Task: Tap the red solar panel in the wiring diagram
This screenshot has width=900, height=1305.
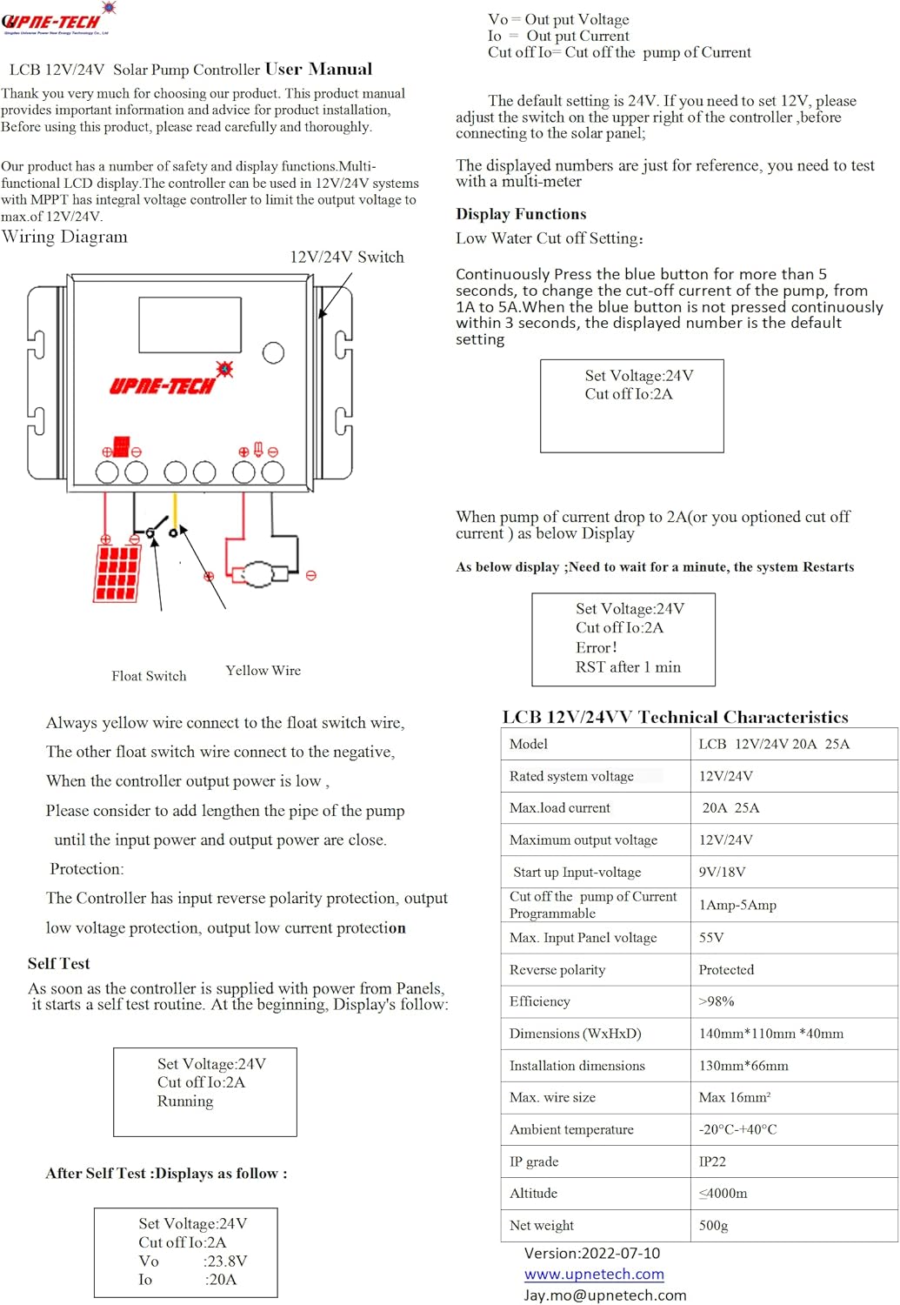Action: tap(117, 572)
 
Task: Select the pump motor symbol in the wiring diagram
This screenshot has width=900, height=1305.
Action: tap(258, 574)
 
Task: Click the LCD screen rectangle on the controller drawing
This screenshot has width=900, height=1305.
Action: tap(190, 325)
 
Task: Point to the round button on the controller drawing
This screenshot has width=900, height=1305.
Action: tap(273, 352)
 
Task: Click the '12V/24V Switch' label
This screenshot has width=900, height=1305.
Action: tap(347, 258)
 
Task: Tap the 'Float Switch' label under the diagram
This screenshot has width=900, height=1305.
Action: tap(149, 676)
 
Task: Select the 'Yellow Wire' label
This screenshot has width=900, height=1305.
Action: tap(263, 671)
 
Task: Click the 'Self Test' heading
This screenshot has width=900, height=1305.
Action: tap(58, 963)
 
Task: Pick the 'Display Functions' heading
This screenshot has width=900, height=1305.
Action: tap(521, 214)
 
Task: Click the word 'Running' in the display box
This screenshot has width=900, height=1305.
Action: tap(185, 1101)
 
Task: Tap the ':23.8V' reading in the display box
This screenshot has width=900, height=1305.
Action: tap(225, 1261)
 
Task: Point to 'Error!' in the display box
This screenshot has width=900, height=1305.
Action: tap(597, 648)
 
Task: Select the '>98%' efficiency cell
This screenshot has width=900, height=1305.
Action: tap(717, 1001)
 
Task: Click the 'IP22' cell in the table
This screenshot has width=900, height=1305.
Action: tap(712, 1161)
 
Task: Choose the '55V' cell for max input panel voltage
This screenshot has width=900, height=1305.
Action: tap(711, 938)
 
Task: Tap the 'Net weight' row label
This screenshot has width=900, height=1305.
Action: tap(542, 1225)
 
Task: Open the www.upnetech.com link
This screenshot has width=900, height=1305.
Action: tap(594, 1275)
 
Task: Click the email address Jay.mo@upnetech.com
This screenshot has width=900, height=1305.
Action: tap(605, 1295)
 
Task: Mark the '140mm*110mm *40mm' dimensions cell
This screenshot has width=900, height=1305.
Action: tap(771, 1034)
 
